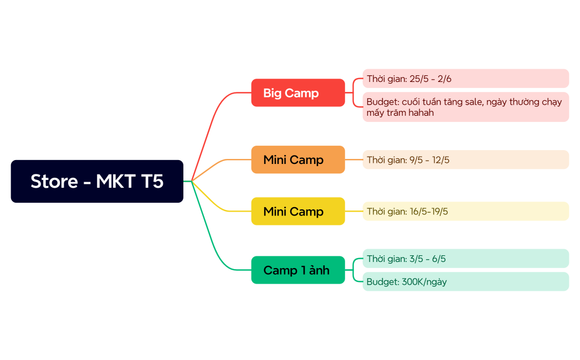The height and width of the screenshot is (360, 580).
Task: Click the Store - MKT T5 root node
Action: pos(97,181)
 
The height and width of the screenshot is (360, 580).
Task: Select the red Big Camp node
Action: pos(298,93)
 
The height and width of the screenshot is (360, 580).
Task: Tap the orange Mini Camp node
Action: pos(298,160)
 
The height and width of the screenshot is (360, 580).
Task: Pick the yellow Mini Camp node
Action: pos(298,211)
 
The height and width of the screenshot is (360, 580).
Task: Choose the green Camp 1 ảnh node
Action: pos(298,270)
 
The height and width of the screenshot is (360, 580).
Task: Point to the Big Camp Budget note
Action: pos(465,107)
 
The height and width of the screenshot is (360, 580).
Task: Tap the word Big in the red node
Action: pos(273,93)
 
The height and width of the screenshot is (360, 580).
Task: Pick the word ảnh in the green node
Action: pos(319,270)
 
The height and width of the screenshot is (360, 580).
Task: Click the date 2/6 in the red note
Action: pos(444,79)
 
